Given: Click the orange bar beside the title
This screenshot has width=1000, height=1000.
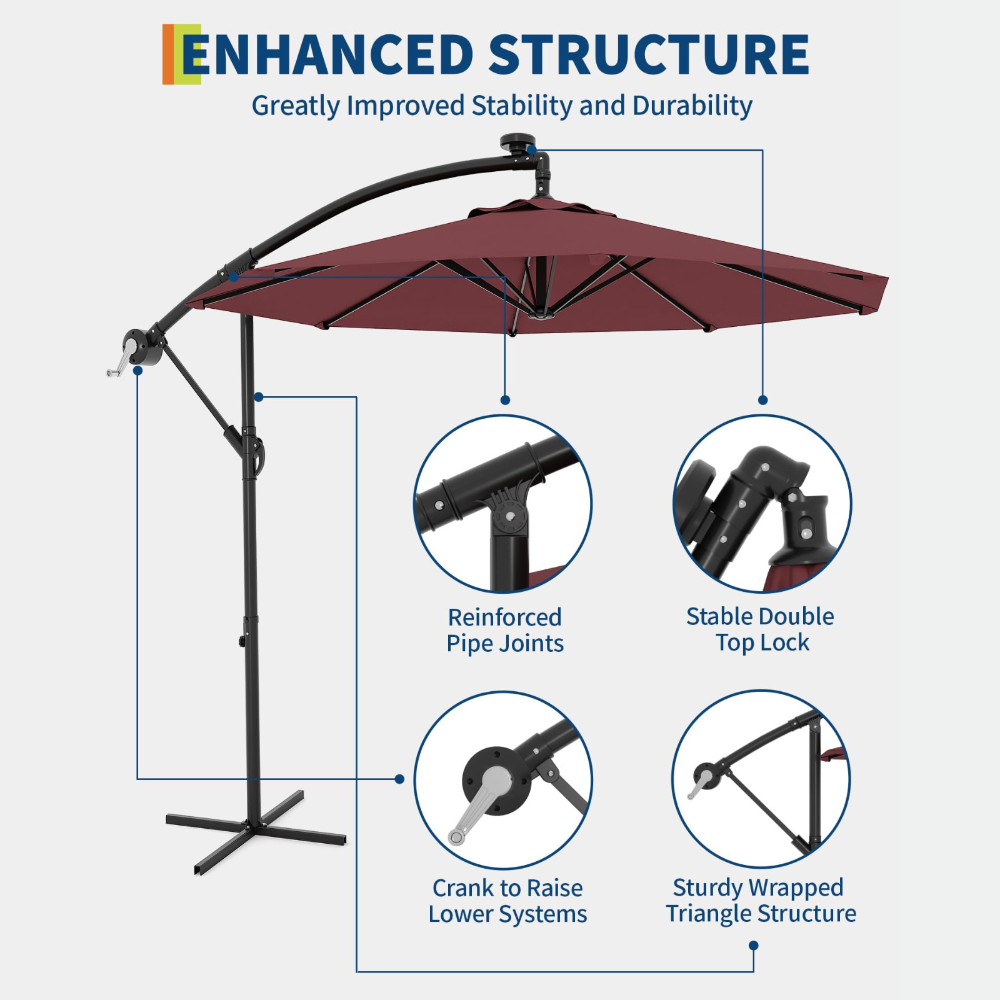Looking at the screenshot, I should click(167, 54).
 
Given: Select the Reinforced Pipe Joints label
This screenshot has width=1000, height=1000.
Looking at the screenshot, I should click(505, 630).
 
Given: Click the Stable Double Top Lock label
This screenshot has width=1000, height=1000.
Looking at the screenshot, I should click(761, 629).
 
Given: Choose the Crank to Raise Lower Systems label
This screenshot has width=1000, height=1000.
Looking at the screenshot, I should click(507, 901).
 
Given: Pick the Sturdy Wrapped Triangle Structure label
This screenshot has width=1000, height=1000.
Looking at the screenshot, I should click(760, 900).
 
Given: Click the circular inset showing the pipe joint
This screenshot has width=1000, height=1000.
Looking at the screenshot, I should click(503, 504).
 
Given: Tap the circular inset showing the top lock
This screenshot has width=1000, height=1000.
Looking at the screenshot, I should click(762, 504).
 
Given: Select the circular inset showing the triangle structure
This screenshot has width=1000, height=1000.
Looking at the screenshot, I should click(761, 779).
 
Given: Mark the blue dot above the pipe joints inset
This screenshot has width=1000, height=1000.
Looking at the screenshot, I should click(505, 400).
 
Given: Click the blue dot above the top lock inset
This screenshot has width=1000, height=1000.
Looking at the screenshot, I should click(762, 400).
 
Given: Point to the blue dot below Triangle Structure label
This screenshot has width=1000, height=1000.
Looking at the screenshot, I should click(754, 946).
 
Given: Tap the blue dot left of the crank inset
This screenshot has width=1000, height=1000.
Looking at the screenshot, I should click(399, 779).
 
